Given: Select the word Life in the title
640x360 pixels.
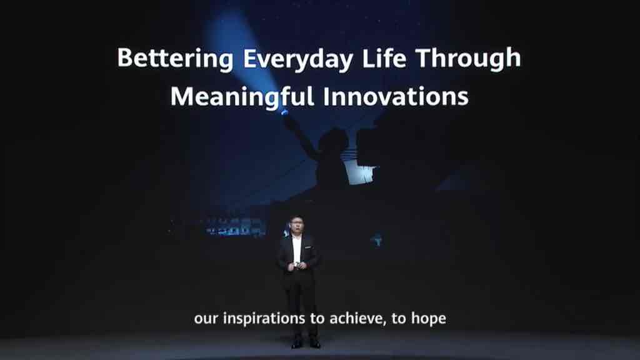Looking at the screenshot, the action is (x=384, y=57).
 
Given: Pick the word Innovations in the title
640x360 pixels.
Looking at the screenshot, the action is (x=396, y=96).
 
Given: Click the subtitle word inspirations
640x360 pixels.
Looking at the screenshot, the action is (x=264, y=319).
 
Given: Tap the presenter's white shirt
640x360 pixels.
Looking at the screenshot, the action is (x=297, y=249).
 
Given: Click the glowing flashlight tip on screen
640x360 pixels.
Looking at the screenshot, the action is (x=285, y=112).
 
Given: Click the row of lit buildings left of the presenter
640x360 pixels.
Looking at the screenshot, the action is (x=234, y=227).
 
